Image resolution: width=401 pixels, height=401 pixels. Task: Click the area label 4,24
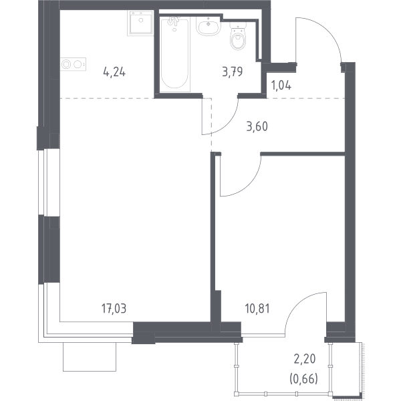coord(114,72)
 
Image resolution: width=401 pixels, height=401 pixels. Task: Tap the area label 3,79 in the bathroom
coord(232,72)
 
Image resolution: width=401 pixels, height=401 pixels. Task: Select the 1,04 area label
coord(281,86)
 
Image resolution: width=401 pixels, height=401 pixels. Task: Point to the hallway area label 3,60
coord(257,126)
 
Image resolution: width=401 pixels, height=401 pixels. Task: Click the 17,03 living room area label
coord(114,309)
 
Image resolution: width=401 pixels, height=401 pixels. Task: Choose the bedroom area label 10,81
coord(257,309)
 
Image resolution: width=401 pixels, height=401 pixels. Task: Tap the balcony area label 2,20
coord(305,360)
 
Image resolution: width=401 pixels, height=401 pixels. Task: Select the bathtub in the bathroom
coord(175,54)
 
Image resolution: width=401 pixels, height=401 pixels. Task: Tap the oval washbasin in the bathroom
coord(208,26)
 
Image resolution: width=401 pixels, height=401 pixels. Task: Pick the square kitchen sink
coord(140,23)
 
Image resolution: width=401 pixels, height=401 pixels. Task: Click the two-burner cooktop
coord(73,64)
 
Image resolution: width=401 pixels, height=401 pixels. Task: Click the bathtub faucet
coord(174,21)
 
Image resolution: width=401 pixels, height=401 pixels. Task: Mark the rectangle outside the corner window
coord(90,357)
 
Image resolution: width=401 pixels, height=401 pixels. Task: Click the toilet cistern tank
coord(238,27)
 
